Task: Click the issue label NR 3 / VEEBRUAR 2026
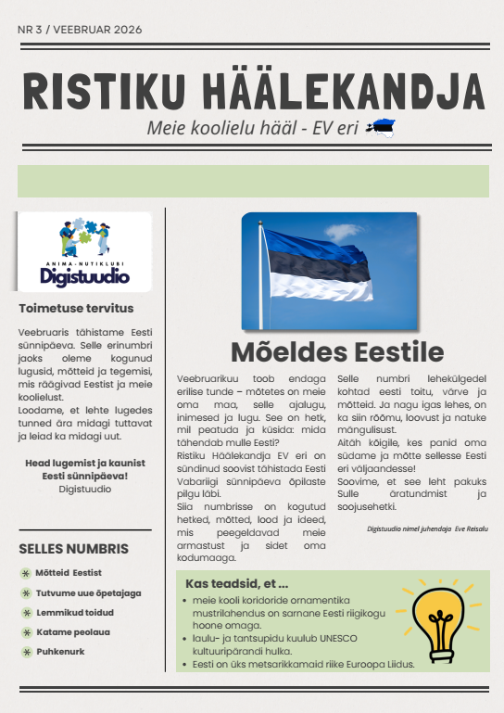[x=80, y=31]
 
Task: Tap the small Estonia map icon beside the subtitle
[x=381, y=128]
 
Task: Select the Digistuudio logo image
[x=84, y=250]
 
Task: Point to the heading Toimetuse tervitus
[x=76, y=309]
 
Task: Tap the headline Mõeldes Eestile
[x=337, y=352]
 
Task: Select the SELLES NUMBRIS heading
[x=69, y=548]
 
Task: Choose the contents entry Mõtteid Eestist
[x=69, y=573]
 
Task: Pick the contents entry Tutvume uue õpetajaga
[x=88, y=592]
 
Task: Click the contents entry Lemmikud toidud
[x=75, y=612]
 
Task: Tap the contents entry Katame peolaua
[x=74, y=631]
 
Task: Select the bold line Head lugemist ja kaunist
[x=83, y=462]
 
